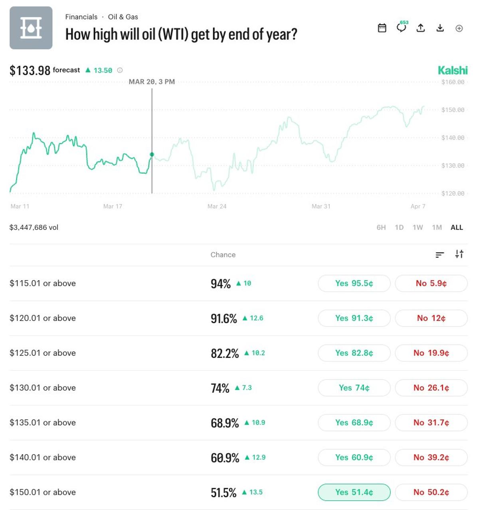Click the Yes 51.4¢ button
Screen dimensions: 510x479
pos(354,492)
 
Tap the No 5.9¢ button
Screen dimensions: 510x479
pos(431,283)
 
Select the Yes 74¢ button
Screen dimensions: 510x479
pos(354,388)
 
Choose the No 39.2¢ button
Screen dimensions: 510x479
pos(431,457)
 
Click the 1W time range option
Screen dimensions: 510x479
pos(418,227)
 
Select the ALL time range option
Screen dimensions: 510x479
pos(457,227)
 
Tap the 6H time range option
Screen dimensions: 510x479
pos(381,227)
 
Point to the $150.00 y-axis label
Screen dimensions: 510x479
pos(453,110)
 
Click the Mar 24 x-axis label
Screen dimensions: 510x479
pos(217,206)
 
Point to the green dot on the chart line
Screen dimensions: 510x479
pos(152,154)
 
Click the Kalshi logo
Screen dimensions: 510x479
pos(453,70)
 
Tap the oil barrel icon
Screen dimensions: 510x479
pos(31,28)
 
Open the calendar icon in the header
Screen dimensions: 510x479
pos(382,28)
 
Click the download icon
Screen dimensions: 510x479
pos(440,28)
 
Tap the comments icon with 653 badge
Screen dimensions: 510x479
pos(401,28)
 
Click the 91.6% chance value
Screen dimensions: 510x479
pos(224,319)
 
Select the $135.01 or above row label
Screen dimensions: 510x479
pos(43,422)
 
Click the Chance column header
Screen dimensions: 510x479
pos(223,255)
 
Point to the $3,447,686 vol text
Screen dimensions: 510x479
pos(34,227)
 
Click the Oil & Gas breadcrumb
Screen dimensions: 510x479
pos(123,17)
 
